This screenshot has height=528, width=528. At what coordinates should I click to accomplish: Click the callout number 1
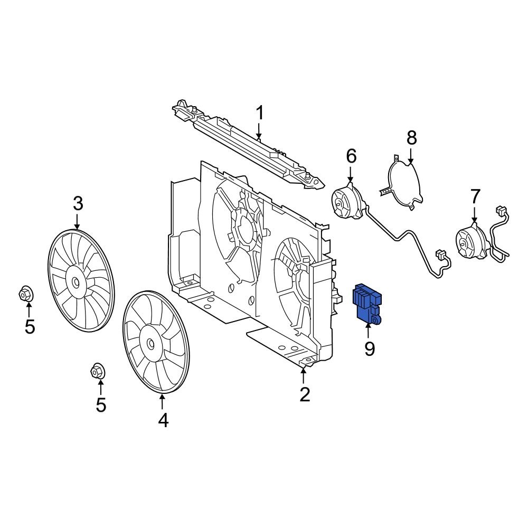click(259, 113)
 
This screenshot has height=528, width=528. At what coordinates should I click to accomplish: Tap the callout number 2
click(305, 394)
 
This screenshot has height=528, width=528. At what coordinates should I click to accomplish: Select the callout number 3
click(78, 203)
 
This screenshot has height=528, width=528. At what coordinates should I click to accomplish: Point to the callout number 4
click(163, 420)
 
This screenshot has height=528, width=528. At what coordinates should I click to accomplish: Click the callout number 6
click(351, 156)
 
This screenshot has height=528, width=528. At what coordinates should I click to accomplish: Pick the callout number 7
click(475, 196)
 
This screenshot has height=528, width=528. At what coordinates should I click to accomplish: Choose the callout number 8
click(411, 138)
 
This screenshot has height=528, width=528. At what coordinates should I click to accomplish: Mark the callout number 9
click(369, 348)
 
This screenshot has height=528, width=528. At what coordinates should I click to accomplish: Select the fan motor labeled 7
click(467, 243)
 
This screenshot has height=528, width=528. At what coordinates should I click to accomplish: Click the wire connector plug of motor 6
click(441, 257)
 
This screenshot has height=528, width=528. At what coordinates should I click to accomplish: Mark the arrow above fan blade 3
click(78, 221)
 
